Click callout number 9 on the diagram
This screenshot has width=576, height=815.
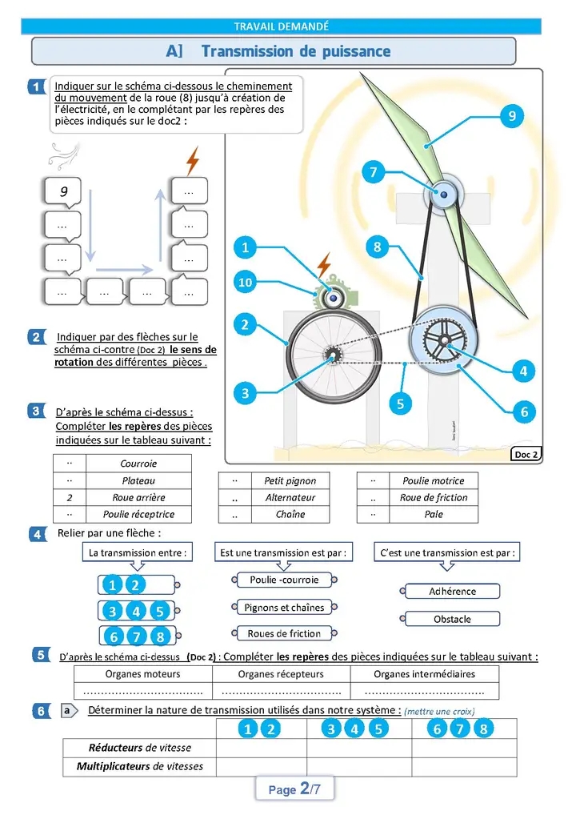point(511,116)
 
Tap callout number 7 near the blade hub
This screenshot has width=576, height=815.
point(373,172)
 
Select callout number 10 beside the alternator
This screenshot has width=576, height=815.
point(246,282)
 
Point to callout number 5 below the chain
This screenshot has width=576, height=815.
point(401,404)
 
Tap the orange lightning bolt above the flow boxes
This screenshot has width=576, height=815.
point(192,160)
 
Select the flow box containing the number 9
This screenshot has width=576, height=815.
point(63,192)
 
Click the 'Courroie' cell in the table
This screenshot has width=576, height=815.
point(138,464)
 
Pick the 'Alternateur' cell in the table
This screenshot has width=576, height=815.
point(290,497)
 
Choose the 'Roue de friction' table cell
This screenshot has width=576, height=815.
point(434,497)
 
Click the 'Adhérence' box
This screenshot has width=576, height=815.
point(452,592)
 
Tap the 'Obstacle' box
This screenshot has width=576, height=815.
point(452,619)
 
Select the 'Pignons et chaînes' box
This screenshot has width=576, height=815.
point(284,608)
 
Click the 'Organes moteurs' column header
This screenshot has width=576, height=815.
point(142,674)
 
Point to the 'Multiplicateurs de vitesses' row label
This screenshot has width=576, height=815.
point(140,766)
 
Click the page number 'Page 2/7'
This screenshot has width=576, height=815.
point(294,789)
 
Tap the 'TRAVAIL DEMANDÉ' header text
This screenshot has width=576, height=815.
point(281,27)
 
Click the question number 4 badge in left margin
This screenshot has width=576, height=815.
point(37,534)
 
